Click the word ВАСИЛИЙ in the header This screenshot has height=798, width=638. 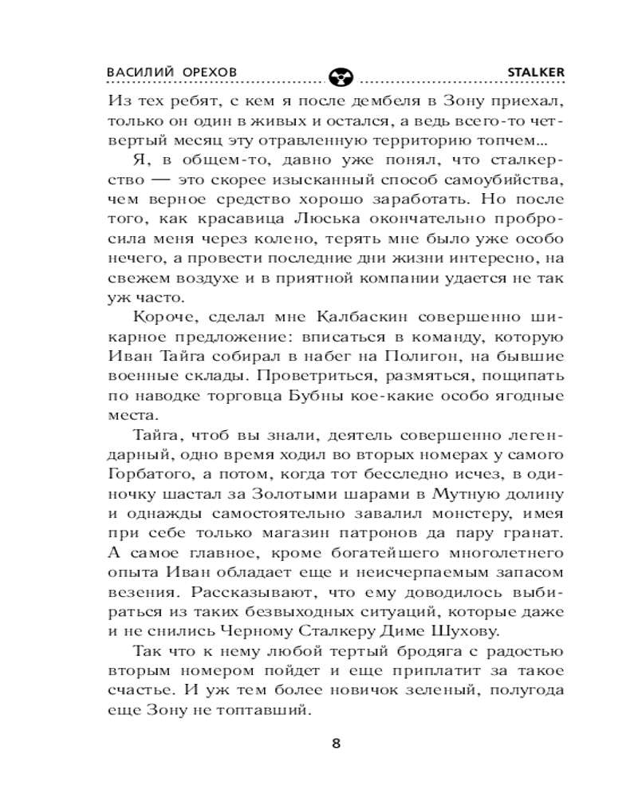pos(136,71)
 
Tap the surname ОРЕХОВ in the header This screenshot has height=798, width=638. pos(208,71)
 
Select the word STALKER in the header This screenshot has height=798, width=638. pos(537,71)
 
